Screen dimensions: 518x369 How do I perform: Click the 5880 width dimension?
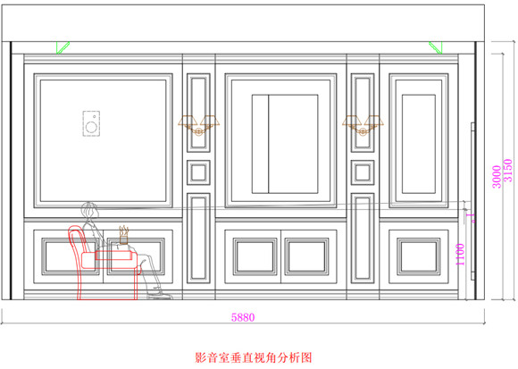click(243, 317)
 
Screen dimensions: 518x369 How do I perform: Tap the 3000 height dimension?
click(497, 177)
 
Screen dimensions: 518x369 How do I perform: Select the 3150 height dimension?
click(508, 171)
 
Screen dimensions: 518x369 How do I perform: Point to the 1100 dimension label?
click(460, 254)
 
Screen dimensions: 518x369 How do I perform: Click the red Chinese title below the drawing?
click(254, 357)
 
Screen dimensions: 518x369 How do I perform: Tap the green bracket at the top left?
click(63, 47)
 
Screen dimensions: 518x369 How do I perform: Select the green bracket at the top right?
click(436, 47)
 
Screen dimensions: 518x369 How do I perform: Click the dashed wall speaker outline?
click(91, 123)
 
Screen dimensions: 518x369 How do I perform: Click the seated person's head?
click(89, 210)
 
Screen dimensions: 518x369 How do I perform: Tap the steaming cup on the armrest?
click(123, 235)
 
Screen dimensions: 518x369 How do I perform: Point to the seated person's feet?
click(159, 295)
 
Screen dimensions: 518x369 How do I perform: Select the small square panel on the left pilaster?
click(198, 172)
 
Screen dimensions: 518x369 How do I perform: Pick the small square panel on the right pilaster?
click(363, 172)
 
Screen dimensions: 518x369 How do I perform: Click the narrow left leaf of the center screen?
click(260, 144)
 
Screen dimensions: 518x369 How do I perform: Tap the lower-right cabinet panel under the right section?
click(419, 256)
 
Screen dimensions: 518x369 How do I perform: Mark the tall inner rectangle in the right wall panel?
click(419, 144)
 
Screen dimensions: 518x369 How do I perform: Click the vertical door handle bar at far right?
click(472, 201)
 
